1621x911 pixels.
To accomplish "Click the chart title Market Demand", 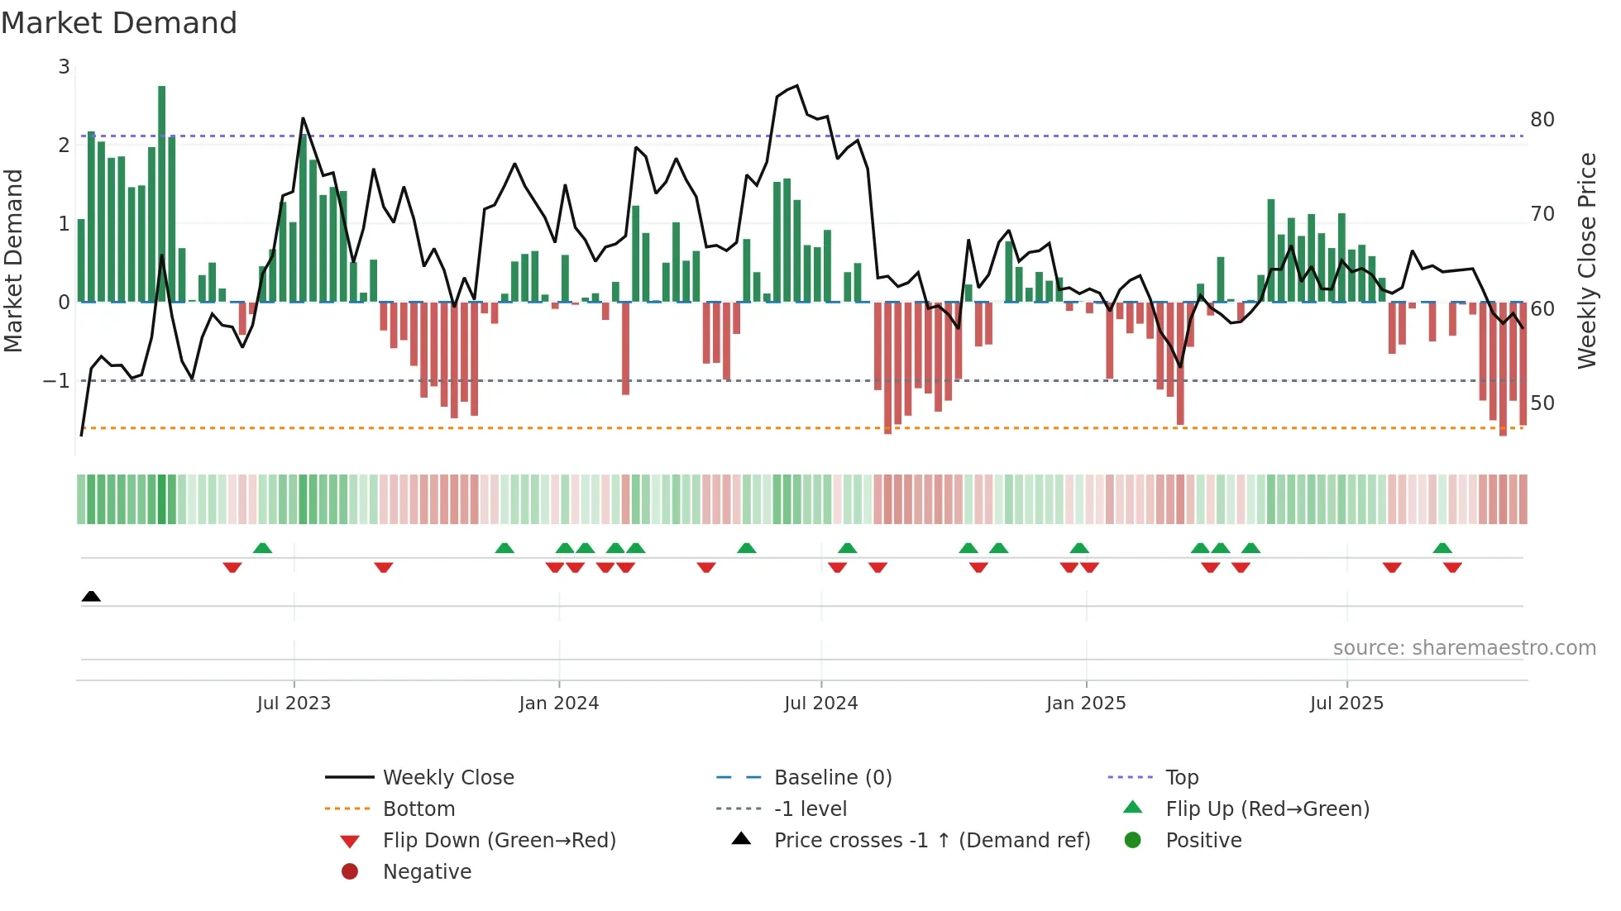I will click(119, 23).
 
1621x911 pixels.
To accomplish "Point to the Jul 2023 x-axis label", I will click(294, 704).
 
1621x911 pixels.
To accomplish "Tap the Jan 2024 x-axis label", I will click(559, 704).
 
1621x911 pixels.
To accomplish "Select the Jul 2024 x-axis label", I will click(821, 704).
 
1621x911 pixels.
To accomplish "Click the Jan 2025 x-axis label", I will click(1086, 704).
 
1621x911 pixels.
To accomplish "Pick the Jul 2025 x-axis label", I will click(1346, 704).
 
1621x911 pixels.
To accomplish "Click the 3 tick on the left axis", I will click(64, 67).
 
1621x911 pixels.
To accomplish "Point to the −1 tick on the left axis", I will click(57, 381).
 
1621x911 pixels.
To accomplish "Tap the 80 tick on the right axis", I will click(1542, 120).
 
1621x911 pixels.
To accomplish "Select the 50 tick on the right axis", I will click(1542, 403).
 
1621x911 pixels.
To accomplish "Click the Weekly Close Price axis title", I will click(1586, 260).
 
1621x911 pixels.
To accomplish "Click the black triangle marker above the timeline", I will click(91, 597).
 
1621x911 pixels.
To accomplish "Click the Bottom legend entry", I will click(418, 809).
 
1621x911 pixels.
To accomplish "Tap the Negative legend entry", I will click(427, 872).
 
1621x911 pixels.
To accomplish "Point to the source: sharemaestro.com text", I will click(1464, 648).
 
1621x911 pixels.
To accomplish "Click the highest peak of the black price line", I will click(796, 86).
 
